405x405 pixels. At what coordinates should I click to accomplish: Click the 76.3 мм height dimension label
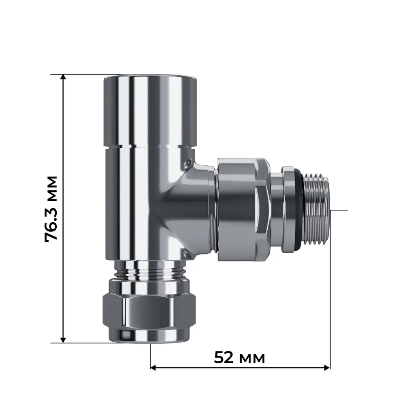51,209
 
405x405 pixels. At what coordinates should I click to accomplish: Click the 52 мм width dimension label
239,358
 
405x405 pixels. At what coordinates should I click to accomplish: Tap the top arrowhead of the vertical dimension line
63,78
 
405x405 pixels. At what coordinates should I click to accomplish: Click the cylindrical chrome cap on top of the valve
149,111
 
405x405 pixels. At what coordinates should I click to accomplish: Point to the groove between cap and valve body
149,147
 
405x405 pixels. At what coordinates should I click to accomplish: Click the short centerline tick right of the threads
339,210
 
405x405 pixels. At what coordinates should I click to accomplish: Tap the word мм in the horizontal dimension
253,358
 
